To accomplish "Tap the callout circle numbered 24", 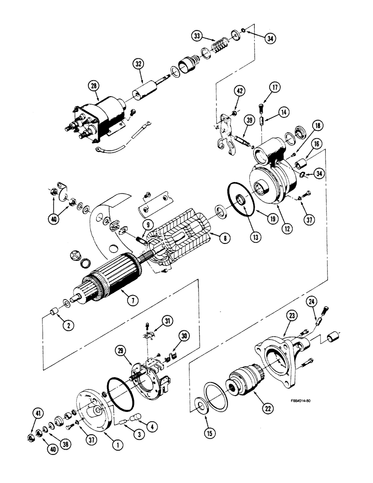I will click(312, 303).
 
